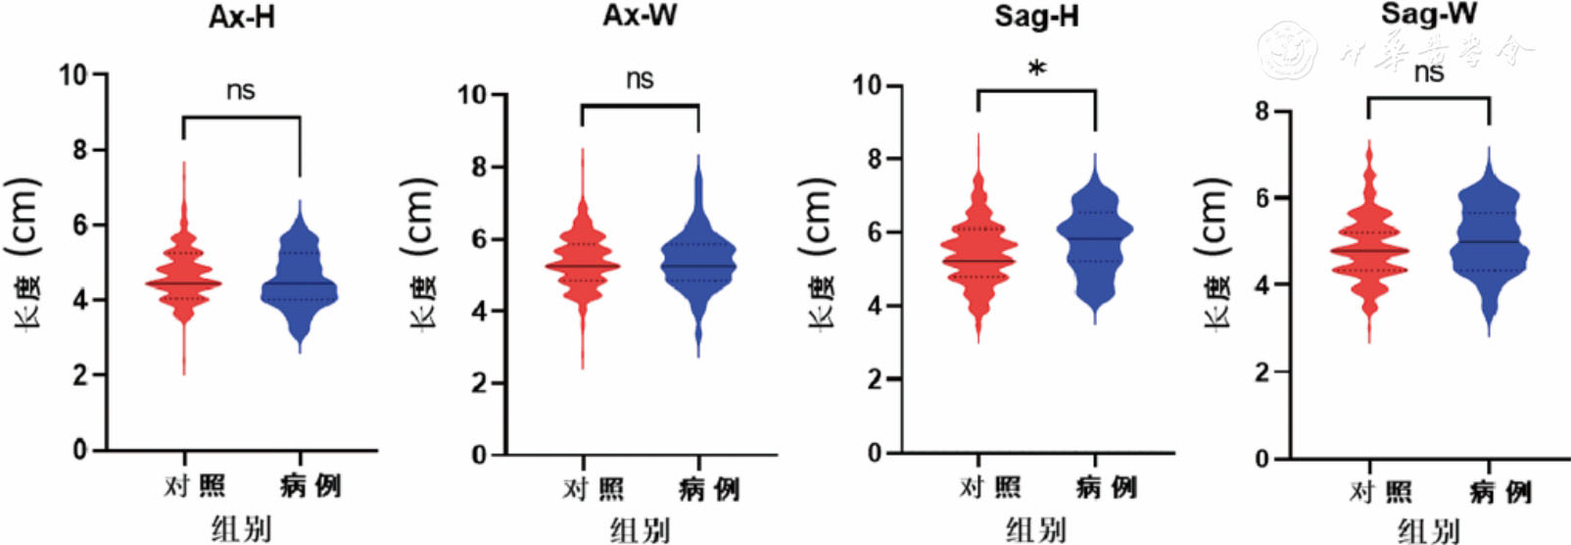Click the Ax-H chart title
241,18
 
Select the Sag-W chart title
1429,14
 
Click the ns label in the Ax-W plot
640,79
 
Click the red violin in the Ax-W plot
582,265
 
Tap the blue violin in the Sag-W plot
1489,245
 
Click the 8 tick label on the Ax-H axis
79,150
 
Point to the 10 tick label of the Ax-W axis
472,95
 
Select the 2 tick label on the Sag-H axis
874,379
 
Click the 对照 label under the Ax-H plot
194,485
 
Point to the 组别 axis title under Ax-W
640,530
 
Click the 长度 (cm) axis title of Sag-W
1213,255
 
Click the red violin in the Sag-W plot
1368,250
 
